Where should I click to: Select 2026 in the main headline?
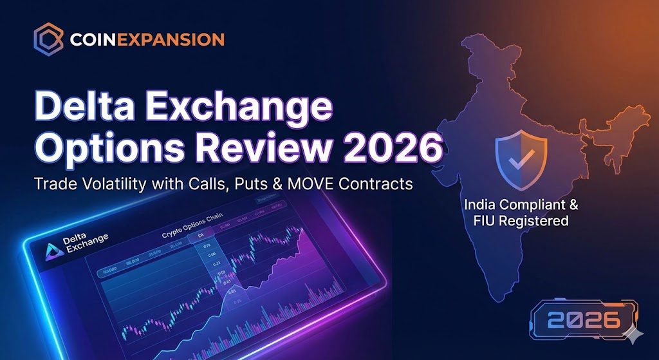click(394, 151)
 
